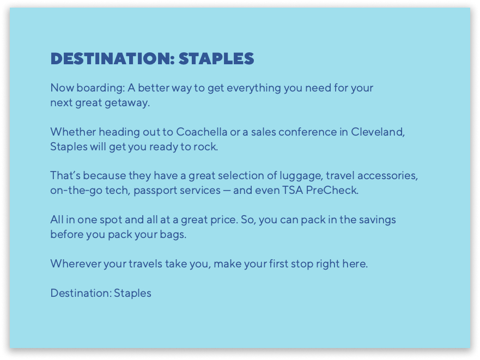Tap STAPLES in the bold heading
tap(216, 58)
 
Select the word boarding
tap(101, 88)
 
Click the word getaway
tap(127, 103)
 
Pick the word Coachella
tap(202, 132)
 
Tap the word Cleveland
tap(378, 132)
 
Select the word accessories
tap(387, 176)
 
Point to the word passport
tap(155, 191)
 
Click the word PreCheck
tap(332, 190)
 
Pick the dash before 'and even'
tap(227, 191)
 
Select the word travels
tap(145, 264)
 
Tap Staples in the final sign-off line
tap(132, 294)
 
